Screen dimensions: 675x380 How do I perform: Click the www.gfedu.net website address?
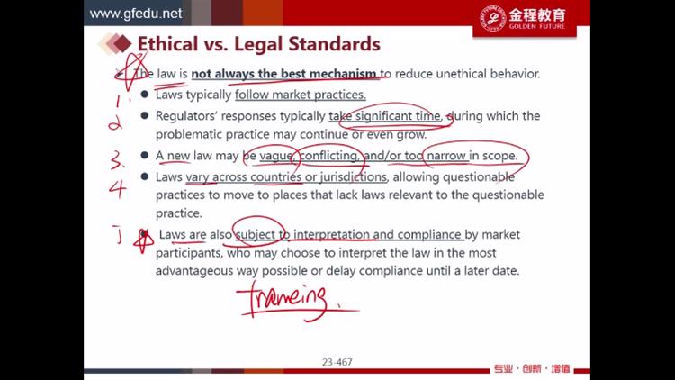136,14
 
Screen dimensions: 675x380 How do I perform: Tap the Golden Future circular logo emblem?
492,18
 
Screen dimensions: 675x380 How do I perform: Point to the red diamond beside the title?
122,43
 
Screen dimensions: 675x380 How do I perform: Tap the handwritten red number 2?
115,123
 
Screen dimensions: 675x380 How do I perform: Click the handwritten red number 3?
118,159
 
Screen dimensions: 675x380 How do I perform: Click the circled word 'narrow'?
446,156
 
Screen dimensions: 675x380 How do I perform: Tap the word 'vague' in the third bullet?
276,156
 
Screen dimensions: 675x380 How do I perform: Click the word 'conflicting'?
328,156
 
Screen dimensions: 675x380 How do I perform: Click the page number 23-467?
337,362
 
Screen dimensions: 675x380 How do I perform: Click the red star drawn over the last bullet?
144,240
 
